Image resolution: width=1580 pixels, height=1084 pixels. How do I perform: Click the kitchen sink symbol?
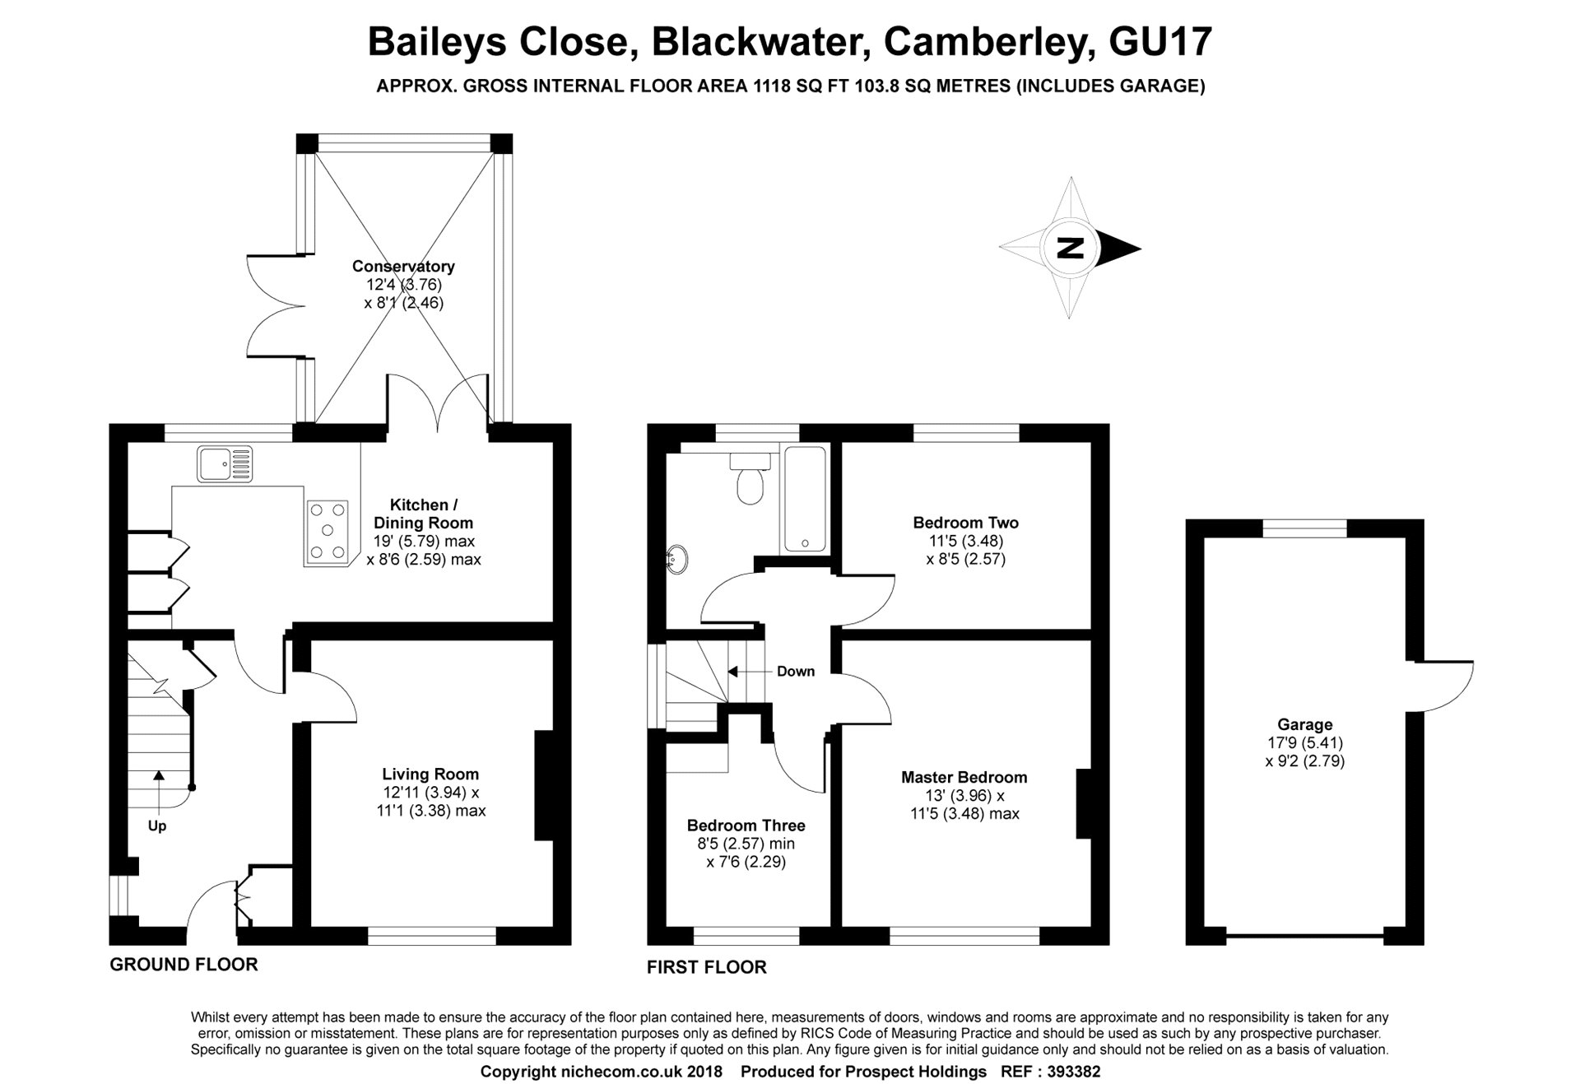pos(225,463)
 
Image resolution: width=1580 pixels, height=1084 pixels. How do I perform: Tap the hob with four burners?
pos(328,533)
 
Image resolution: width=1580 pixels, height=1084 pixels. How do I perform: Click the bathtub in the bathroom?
pos(805,498)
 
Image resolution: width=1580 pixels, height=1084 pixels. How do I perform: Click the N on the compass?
pos(1070,248)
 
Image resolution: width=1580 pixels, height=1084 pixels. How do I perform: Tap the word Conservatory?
pos(403,266)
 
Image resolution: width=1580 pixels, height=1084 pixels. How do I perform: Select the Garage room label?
pos(1305,724)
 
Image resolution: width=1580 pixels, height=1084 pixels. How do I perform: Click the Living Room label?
pos(430,774)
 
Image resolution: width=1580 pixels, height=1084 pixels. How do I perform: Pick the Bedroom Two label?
pos(966,523)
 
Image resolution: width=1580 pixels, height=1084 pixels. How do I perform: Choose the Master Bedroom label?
pos(964,777)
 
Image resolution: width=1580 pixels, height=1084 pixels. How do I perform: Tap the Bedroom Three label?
pos(746,826)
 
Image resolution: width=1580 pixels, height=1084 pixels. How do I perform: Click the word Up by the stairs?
pos(157,826)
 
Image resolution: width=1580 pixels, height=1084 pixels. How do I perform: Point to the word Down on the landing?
pos(796,672)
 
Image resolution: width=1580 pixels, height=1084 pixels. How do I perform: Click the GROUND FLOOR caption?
pos(184,965)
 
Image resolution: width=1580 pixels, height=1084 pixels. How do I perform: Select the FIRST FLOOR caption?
pos(707,968)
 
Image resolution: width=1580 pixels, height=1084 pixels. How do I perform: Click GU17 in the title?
pos(1160,42)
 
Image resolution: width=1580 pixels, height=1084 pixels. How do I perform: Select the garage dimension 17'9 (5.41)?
pos(1305,743)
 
